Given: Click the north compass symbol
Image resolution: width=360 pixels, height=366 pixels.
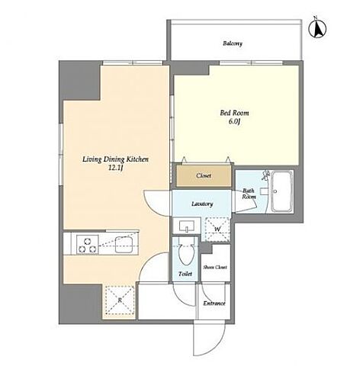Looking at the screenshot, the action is [317, 28].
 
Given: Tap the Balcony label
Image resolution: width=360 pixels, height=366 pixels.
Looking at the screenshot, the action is [233, 43].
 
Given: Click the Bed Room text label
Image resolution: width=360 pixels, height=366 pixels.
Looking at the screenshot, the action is [234, 113].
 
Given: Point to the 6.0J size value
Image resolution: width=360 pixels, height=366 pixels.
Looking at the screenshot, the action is [234, 121].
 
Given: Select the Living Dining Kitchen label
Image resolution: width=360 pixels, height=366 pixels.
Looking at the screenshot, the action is [115, 159].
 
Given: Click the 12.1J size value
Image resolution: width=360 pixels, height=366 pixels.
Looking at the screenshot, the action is [116, 169].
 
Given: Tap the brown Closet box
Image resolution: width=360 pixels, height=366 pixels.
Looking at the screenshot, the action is [204, 175].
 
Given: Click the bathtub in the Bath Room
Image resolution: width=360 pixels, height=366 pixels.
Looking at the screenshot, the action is [281, 191].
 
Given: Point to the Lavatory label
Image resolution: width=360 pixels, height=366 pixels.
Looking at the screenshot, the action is [202, 204].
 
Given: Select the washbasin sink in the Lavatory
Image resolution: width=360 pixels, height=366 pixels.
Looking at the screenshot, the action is [187, 226].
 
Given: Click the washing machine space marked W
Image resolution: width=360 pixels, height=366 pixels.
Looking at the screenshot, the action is [217, 230].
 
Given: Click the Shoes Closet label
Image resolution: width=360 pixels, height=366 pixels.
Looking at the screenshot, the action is [215, 267].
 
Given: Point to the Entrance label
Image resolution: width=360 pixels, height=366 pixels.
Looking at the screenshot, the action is [214, 303].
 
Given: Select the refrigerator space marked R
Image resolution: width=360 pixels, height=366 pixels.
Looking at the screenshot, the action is [120, 300].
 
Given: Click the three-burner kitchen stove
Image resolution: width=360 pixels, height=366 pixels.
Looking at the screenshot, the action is [88, 244].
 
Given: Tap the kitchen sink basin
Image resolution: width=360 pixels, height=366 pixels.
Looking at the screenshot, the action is [124, 245].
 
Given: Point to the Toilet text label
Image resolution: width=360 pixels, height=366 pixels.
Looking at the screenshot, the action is [185, 274].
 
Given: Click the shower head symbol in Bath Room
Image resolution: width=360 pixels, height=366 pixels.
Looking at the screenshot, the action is [265, 175].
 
